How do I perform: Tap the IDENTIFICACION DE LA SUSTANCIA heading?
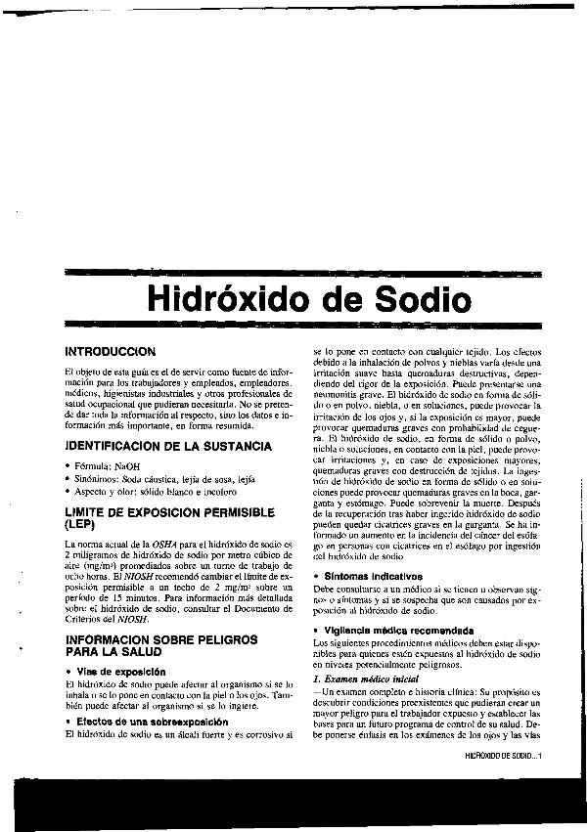[x=167, y=446]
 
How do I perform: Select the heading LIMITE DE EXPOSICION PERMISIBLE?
[x=169, y=512]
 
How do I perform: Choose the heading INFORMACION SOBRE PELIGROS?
[x=160, y=638]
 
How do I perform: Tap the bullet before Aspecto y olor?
[x=66, y=494]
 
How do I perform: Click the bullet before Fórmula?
[x=66, y=466]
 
